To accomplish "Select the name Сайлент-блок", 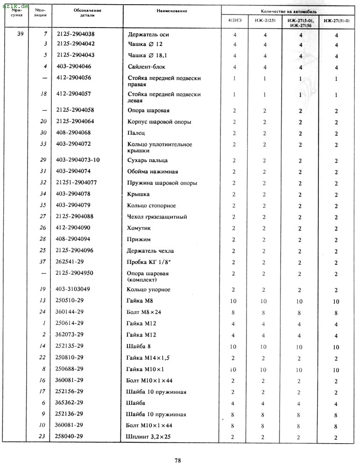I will point(146,67).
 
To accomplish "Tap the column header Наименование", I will point(172,11).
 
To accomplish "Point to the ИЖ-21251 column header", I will point(265,21).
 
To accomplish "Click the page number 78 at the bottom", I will point(177,460).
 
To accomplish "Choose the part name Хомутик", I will point(139,228).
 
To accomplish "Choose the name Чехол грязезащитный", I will point(157,217).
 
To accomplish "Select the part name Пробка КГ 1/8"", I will point(149,262).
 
